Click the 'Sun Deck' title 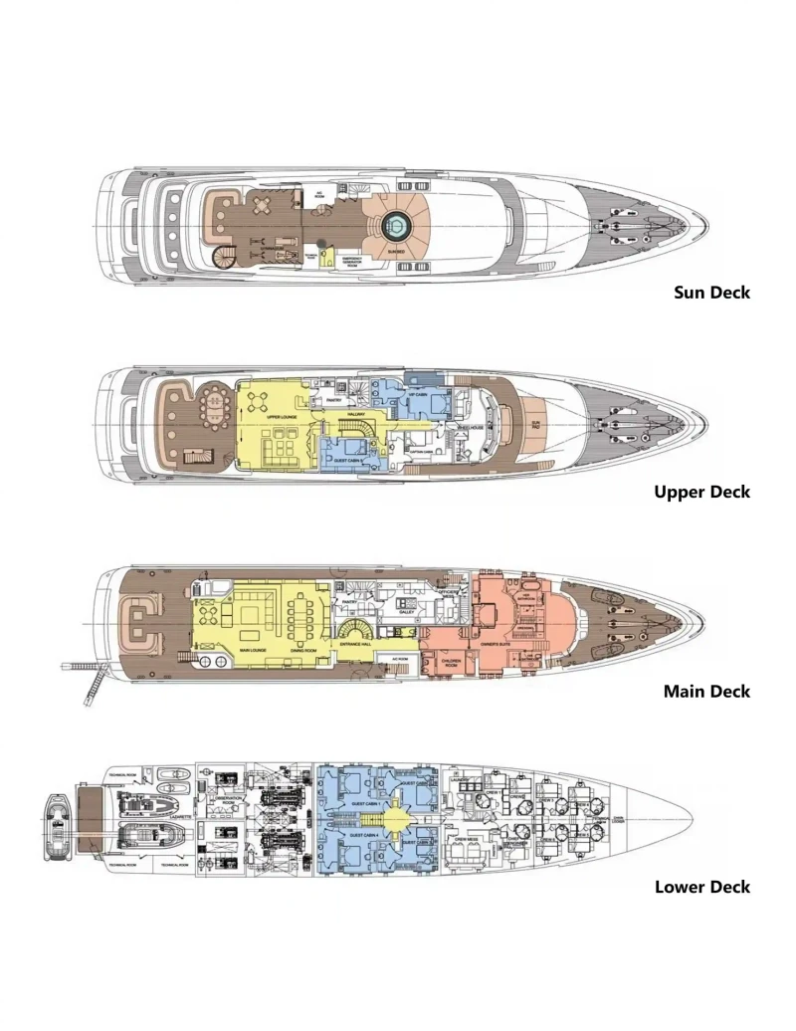coord(711,293)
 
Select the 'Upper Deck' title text coord(701,492)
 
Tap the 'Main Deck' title coord(706,691)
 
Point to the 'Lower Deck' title coord(701,887)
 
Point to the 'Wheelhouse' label coord(471,428)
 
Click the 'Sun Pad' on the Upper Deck coord(535,423)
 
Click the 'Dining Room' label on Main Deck coord(303,650)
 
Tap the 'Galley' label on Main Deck coord(406,614)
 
